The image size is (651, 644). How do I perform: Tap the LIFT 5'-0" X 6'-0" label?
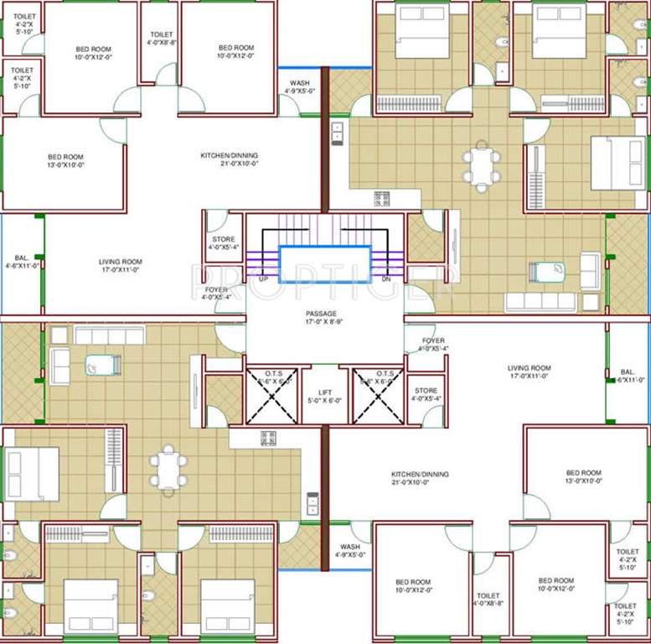point(324,397)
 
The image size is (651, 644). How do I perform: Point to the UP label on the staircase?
point(264,278)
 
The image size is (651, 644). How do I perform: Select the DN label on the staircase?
point(385,278)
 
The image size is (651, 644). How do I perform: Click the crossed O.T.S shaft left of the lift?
point(270,397)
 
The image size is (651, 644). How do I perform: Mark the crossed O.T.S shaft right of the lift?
point(378,397)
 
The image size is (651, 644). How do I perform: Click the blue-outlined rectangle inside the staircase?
point(324,261)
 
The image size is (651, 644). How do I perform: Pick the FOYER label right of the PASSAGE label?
point(433,344)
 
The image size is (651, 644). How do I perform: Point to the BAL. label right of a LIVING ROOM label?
point(628,375)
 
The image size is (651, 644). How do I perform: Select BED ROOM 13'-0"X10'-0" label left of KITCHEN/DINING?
point(65,160)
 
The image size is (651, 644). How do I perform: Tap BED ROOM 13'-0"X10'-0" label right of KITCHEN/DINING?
point(583,477)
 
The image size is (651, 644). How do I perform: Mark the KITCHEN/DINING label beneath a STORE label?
point(420,478)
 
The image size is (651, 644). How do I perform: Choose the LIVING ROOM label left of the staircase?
point(121,266)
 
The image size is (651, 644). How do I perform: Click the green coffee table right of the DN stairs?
point(547,272)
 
